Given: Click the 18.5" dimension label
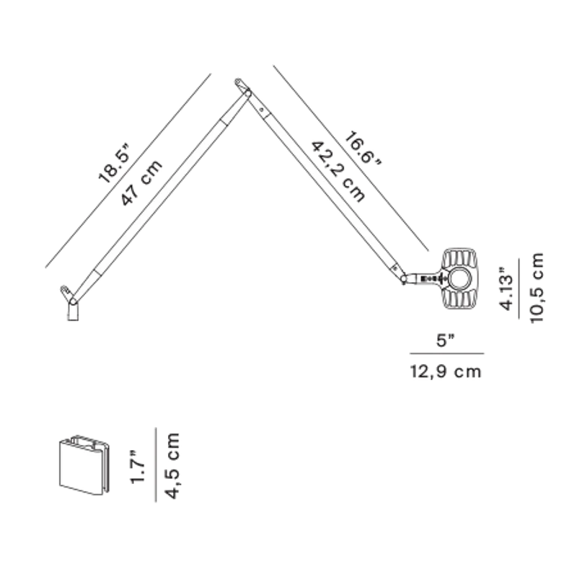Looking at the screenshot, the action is tap(115, 163).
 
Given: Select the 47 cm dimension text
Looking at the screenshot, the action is tap(141, 182).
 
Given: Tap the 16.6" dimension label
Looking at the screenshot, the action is tap(363, 149).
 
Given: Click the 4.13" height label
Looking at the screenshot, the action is tap(506, 289).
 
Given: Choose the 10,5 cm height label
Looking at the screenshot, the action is tap(537, 288).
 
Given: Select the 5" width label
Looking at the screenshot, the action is tap(446, 340).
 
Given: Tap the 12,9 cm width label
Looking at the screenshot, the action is tap(446, 371).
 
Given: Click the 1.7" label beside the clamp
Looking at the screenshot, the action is tap(138, 466).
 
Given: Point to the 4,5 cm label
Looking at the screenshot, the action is tap(172, 466).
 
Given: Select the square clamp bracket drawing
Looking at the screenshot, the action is tap(84, 464).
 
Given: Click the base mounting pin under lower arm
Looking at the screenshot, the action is tap(73, 311).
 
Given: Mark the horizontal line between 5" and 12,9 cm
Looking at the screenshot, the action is tap(446, 353).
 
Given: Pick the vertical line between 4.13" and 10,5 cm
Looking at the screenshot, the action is tap(519, 288).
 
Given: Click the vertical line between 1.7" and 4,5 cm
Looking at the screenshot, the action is tap(156, 464).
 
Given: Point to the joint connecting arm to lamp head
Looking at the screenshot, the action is tap(404, 279).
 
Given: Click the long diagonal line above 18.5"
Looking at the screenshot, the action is tap(128, 170).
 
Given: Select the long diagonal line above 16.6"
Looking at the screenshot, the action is tap(351, 158).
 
